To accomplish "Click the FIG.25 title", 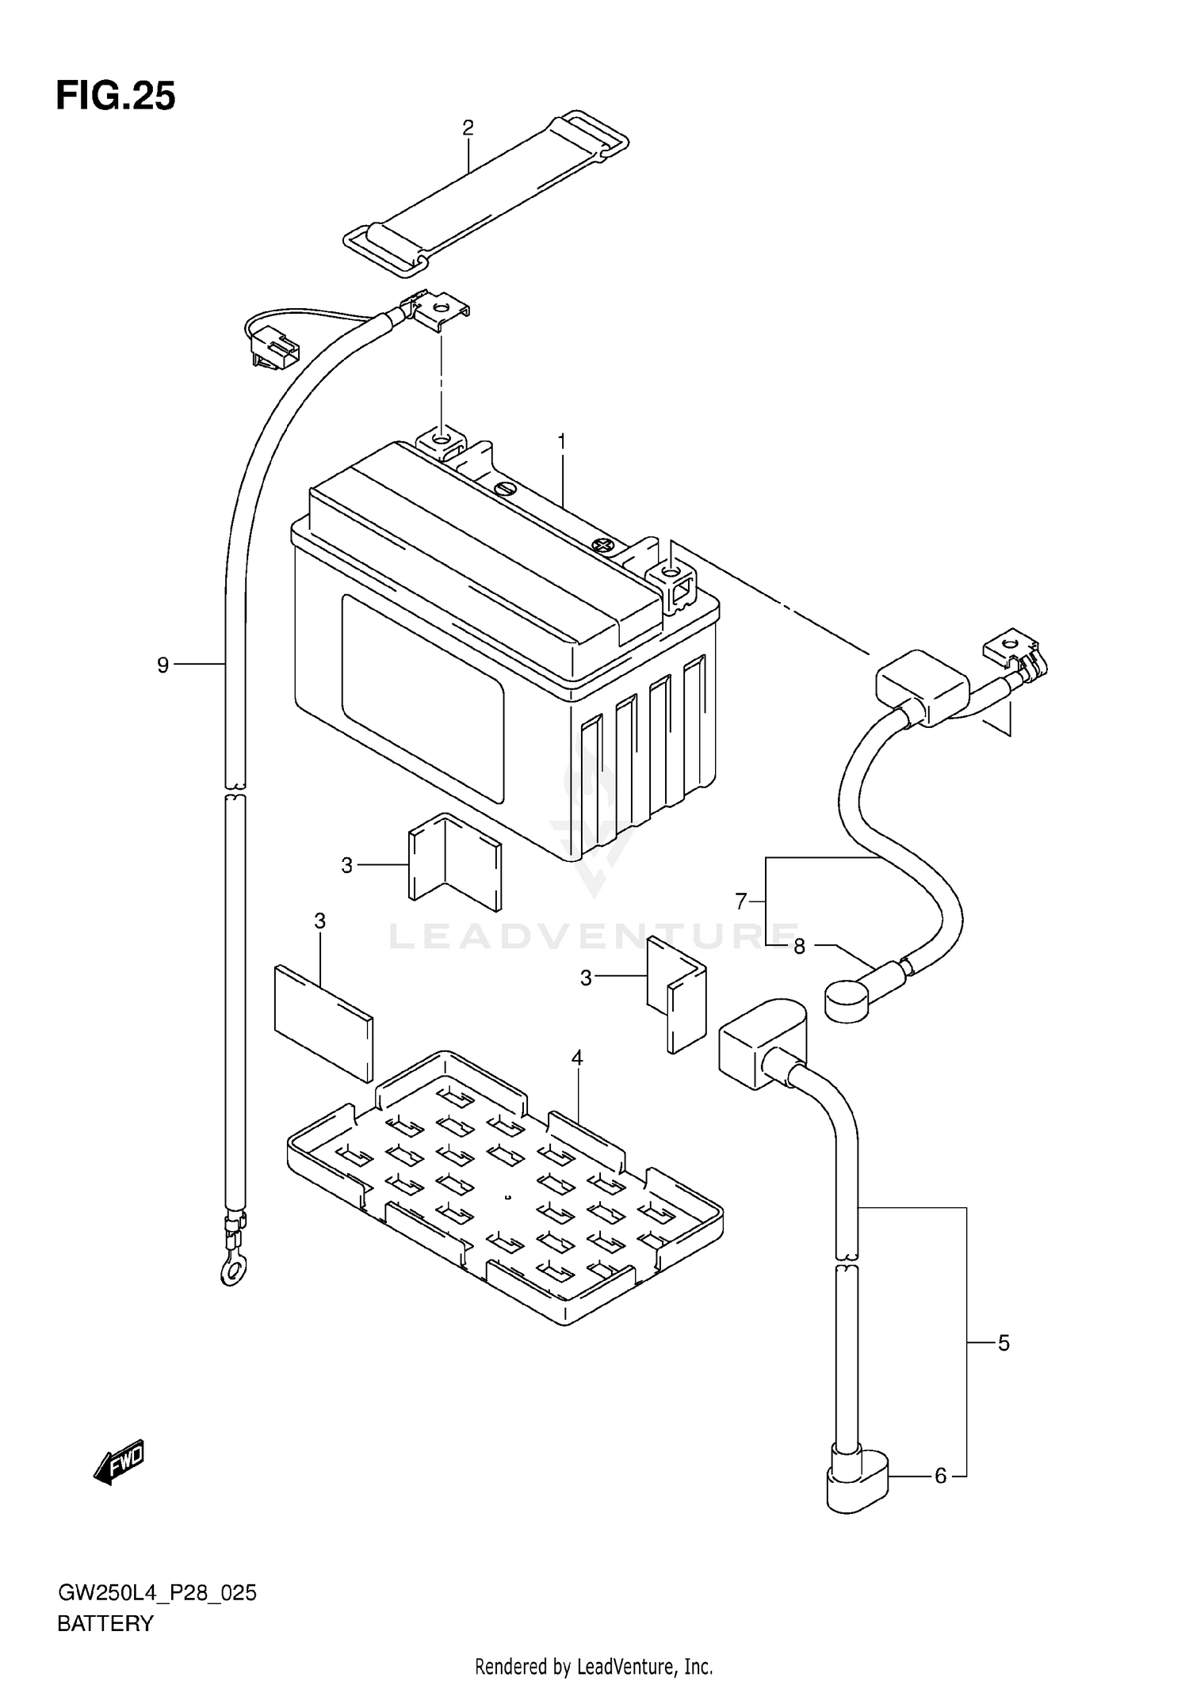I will (x=116, y=97).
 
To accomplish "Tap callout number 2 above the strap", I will (x=468, y=128).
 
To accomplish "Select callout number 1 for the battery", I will (x=562, y=442).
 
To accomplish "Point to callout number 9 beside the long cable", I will (x=163, y=665).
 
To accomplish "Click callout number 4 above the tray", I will (x=577, y=1058).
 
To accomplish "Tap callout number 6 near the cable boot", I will (x=940, y=1476).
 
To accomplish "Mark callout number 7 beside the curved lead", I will (x=741, y=901).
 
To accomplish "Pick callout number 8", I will (x=799, y=947).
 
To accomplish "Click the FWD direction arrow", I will (x=119, y=1460).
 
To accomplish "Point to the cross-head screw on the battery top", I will (x=602, y=544).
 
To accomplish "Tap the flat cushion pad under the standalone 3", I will (x=323, y=1023).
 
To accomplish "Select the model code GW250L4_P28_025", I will (x=157, y=1593).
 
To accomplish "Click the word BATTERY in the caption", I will (x=105, y=1624).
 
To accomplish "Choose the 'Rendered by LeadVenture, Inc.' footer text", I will (x=594, y=1667).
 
